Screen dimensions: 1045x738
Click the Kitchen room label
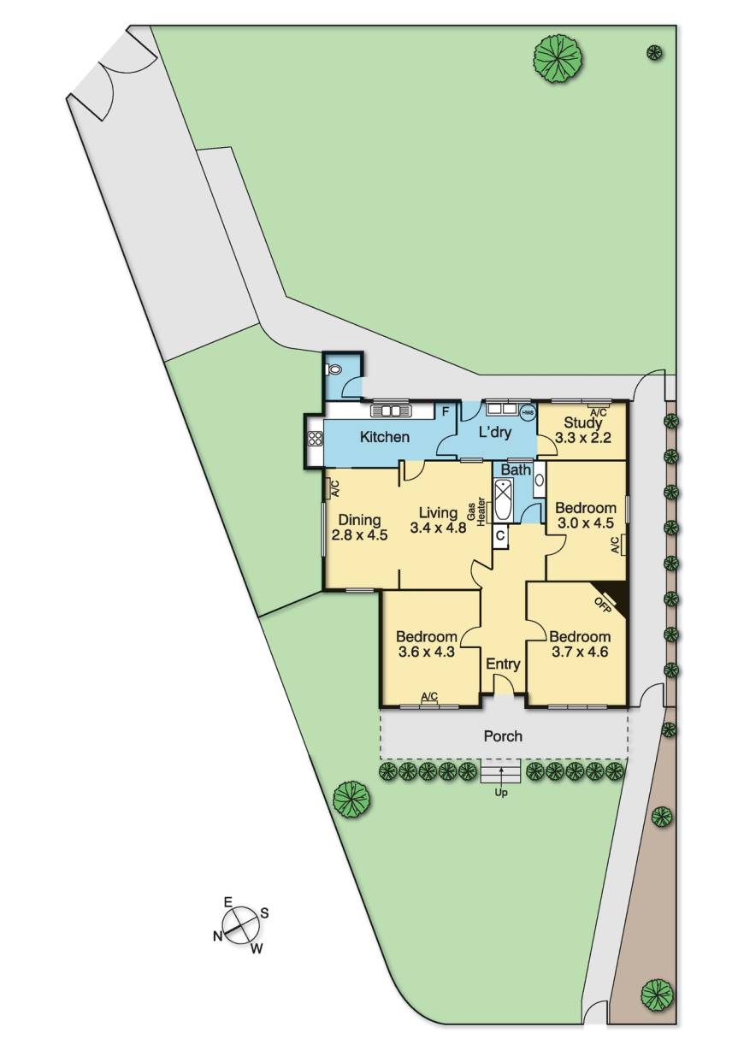[x=384, y=437]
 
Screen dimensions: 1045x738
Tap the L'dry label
[x=494, y=433]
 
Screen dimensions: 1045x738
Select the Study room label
[x=583, y=422]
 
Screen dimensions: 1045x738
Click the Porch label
[x=503, y=735]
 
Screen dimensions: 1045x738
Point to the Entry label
[x=503, y=664]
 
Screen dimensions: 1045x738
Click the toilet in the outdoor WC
[x=335, y=370]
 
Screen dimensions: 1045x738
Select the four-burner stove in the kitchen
[x=314, y=440]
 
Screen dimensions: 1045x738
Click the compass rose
[x=241, y=924]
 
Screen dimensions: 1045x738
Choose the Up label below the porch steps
[x=501, y=793]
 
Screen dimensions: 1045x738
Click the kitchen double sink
[x=393, y=410]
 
